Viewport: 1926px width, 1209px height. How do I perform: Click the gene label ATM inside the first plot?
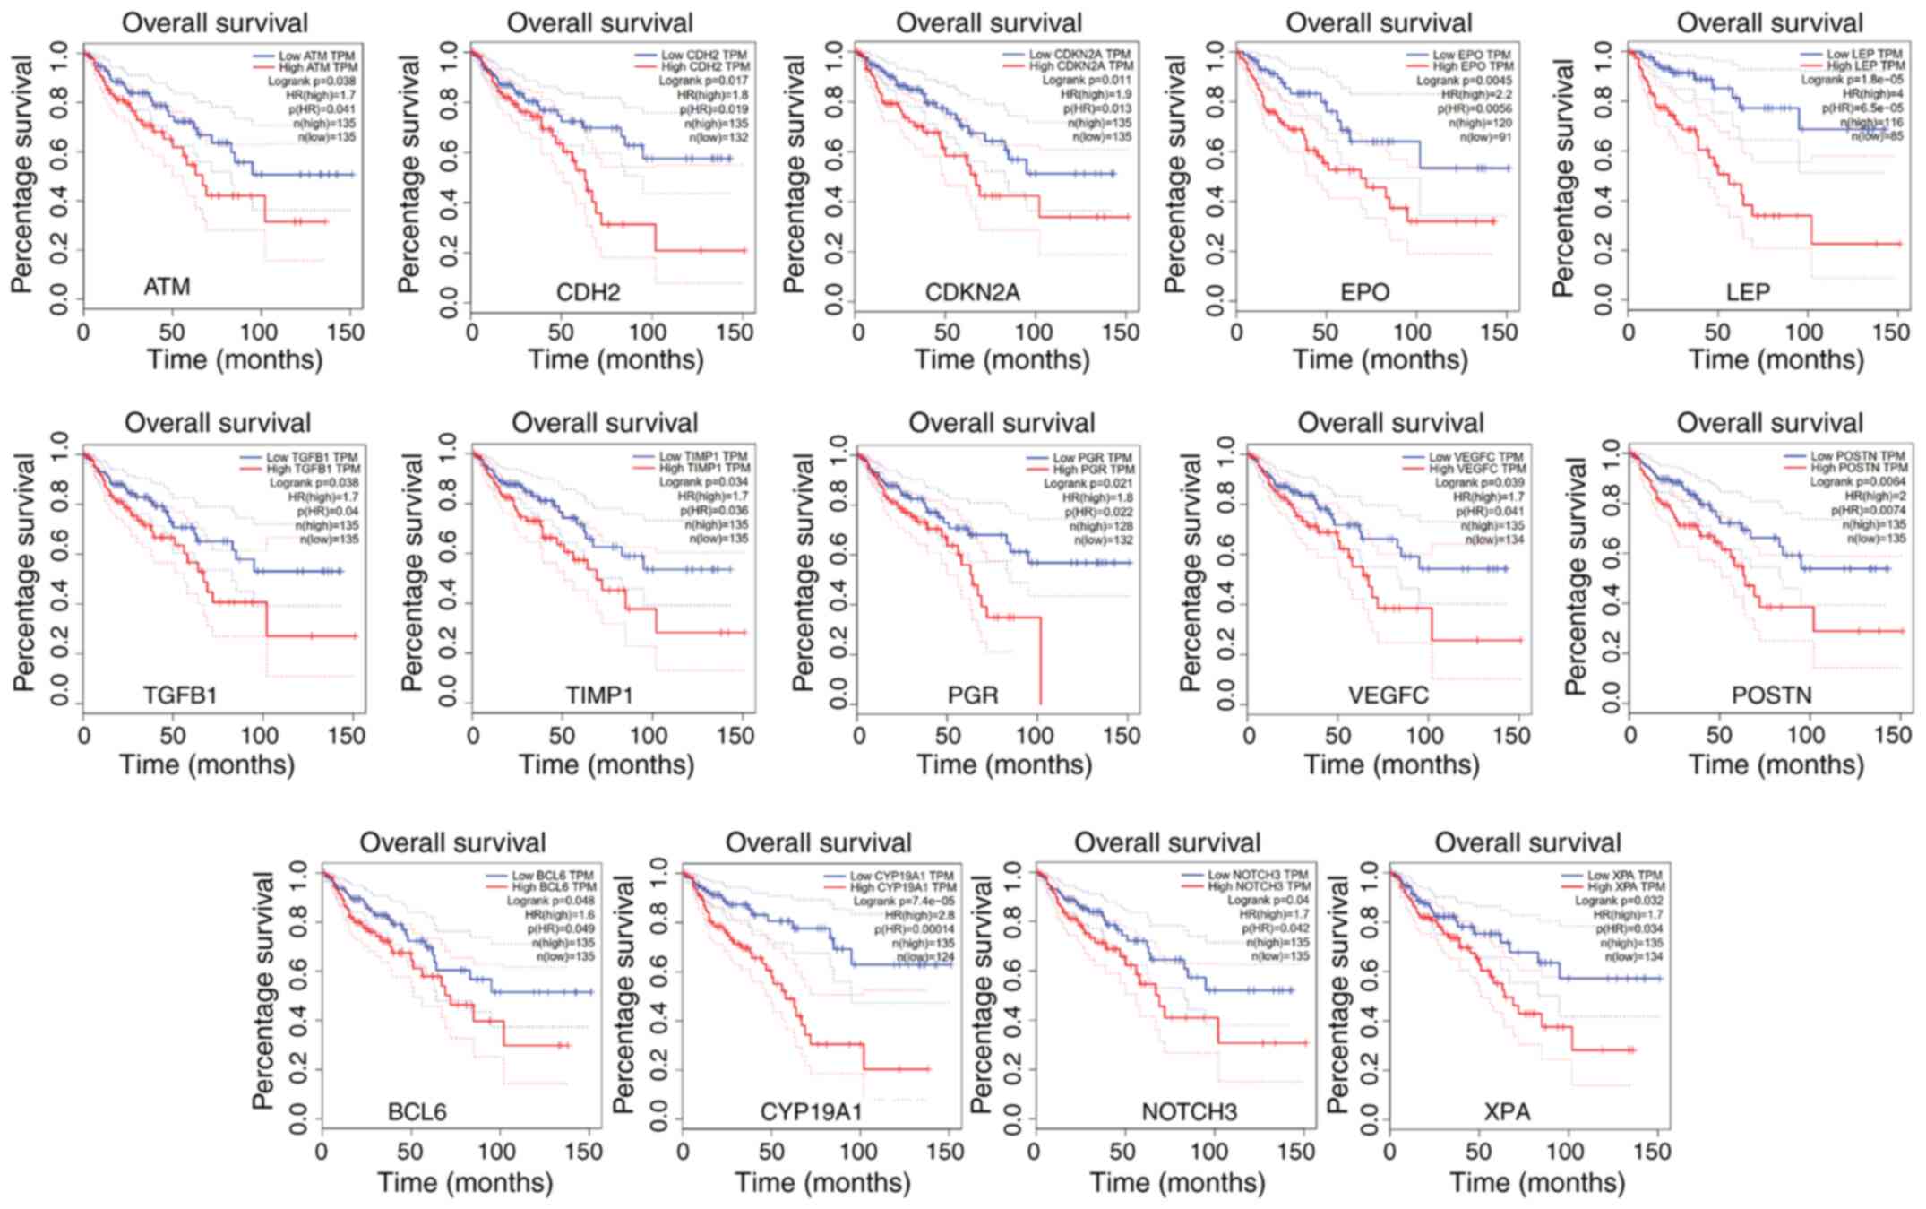click(x=167, y=287)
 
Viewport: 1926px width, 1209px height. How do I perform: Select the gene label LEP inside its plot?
click(x=1748, y=292)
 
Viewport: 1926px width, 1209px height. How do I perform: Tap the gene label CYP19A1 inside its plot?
click(x=811, y=1112)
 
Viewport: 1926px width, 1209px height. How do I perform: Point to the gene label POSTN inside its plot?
click(x=1771, y=695)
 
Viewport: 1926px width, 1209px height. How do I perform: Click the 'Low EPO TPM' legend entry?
click(x=1471, y=55)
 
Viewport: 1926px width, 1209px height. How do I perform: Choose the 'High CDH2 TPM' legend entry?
click(x=705, y=67)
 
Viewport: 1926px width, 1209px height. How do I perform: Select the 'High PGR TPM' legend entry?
click(x=1092, y=470)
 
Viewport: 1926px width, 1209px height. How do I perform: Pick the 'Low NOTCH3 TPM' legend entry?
click(x=1258, y=875)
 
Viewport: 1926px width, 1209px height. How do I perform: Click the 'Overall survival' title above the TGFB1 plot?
click(x=218, y=423)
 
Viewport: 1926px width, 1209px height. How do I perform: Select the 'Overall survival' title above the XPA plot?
click(x=1527, y=843)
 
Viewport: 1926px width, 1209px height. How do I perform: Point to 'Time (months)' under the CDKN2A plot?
click(x=1002, y=360)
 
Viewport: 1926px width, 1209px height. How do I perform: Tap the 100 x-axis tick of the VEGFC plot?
click(x=1424, y=736)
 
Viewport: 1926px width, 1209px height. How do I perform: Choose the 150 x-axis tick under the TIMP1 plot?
click(x=736, y=736)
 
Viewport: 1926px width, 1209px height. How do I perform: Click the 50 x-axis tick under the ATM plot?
click(x=171, y=332)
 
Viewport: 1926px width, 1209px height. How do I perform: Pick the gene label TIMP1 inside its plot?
click(x=599, y=695)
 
